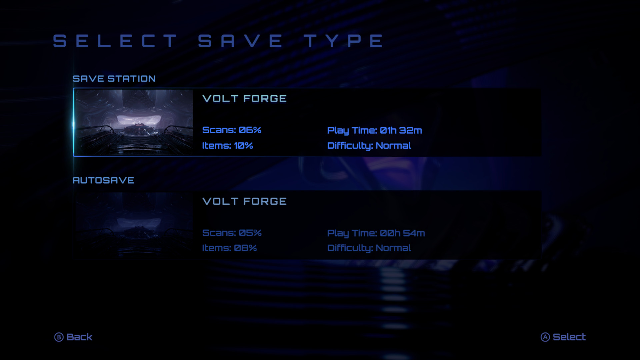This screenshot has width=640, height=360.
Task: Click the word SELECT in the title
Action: [115, 41]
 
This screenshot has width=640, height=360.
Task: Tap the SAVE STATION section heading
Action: [114, 79]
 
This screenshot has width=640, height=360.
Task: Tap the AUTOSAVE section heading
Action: [103, 180]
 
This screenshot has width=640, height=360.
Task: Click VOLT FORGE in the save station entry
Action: [244, 99]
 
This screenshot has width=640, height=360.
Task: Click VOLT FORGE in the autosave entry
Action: [244, 201]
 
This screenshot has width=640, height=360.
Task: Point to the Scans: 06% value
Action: [232, 130]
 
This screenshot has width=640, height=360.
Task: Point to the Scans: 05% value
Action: [232, 233]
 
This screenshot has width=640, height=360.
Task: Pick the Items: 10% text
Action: [227, 146]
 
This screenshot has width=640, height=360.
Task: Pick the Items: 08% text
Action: [229, 248]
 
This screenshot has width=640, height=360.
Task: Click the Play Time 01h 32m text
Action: [374, 130]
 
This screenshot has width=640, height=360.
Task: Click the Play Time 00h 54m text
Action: [376, 233]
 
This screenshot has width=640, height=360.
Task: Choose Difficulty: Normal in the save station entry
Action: [369, 146]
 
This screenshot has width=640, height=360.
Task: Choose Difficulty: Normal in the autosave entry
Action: [369, 248]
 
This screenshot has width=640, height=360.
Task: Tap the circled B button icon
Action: [59, 337]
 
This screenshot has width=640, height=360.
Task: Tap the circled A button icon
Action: [545, 337]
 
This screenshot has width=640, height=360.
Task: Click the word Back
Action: [79, 337]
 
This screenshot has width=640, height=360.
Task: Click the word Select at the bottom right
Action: [569, 337]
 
